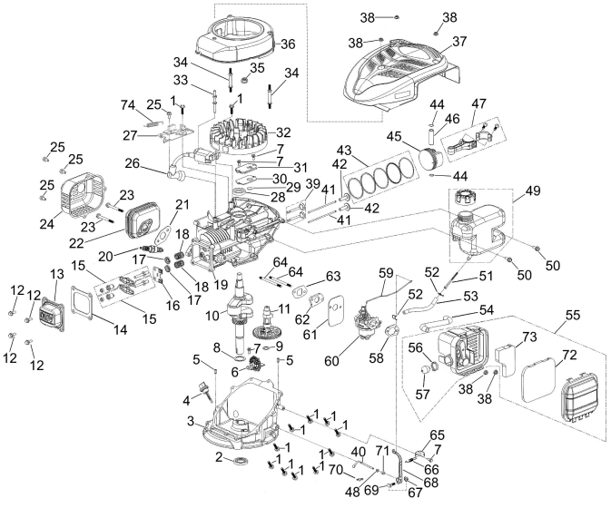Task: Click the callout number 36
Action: [288, 44]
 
